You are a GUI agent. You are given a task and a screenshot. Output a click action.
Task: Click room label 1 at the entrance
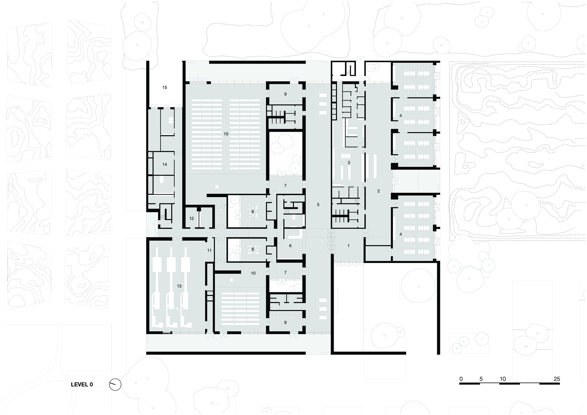coord(348,246)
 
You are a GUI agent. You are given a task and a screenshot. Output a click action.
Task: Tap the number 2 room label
coord(378,191)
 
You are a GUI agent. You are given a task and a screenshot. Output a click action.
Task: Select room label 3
coord(349,163)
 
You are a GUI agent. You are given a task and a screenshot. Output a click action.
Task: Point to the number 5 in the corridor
coord(318,205)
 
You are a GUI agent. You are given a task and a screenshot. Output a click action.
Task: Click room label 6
coord(290,246)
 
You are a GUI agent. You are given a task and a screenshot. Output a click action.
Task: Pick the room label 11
coord(209,250)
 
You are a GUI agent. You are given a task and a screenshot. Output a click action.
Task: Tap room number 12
coord(192,218)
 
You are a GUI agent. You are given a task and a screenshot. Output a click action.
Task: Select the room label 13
coord(179,286)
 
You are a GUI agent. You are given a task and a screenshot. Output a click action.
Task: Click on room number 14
coord(165,164)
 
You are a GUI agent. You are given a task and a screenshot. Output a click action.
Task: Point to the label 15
coord(165,87)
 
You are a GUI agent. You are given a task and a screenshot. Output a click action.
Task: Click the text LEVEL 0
coord(82,385)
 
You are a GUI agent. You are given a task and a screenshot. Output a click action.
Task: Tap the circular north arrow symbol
coord(115,385)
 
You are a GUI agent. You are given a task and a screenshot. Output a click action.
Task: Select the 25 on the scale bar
coord(557,379)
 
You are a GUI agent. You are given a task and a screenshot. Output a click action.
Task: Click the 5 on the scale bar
coord(481,379)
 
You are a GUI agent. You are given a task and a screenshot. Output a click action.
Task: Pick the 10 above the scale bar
coord(503,379)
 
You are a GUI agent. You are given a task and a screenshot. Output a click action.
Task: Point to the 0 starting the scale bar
coord(461,379)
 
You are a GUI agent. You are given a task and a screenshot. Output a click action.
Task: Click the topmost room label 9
coord(285,94)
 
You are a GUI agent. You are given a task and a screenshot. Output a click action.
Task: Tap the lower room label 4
coord(401,235)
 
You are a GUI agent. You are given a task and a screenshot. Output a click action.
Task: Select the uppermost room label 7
coord(285,186)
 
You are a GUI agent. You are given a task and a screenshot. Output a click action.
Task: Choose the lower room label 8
coord(253,249)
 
